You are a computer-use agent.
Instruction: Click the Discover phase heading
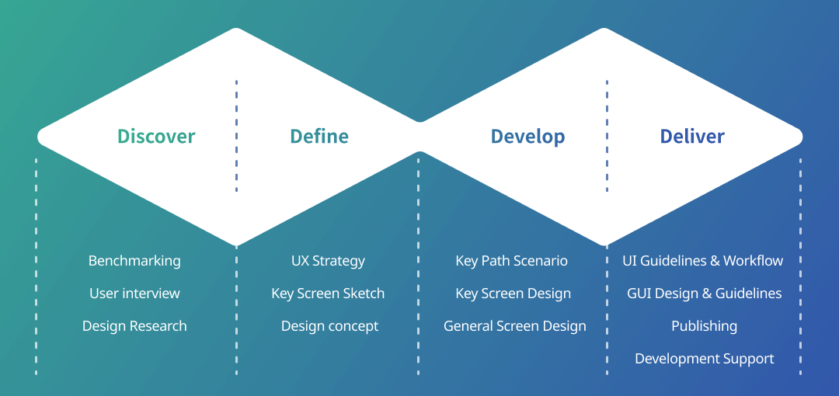pos(156,137)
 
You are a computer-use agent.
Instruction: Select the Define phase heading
pos(319,137)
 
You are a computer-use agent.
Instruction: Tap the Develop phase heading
pos(527,137)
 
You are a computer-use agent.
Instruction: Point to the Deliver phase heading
pos(692,137)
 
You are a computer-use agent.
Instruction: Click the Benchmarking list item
pos(134,261)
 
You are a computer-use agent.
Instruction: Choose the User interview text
pos(134,294)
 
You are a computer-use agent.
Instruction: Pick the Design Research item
pos(134,326)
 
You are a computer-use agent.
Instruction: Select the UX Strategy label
pos(328,261)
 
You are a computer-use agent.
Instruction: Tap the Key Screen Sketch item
pos(328,294)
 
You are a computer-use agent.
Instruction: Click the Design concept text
pos(329,326)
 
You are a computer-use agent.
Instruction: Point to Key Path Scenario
pos(511,261)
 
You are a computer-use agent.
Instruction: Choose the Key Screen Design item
pos(513,294)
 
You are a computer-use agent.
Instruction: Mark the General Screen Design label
pos(515,326)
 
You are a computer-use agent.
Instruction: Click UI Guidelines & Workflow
pos(703,261)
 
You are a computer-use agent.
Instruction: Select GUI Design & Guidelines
pos(704,294)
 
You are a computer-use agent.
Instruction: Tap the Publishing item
pos(704,326)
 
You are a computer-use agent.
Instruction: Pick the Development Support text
pos(704,359)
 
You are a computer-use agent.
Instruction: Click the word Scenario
pos(541,261)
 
